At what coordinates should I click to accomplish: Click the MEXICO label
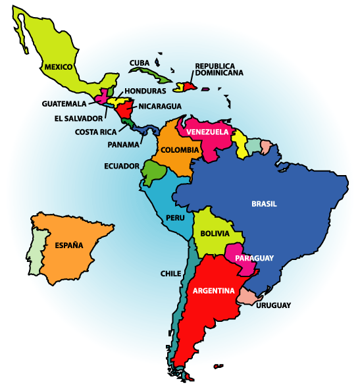point(59,66)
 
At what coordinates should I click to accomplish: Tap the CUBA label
point(140,63)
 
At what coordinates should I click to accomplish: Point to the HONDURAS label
point(145,91)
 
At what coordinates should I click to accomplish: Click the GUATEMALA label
point(64,104)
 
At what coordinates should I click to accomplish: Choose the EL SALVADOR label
point(78,118)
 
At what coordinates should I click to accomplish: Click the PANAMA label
point(123,143)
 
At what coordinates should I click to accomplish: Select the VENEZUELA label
point(207,132)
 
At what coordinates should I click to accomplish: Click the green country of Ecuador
point(154,172)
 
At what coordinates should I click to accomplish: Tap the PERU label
point(175,218)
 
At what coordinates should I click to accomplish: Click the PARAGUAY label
point(255,258)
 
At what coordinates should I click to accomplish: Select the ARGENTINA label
point(214,290)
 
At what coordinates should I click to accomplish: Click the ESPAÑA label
point(68,246)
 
